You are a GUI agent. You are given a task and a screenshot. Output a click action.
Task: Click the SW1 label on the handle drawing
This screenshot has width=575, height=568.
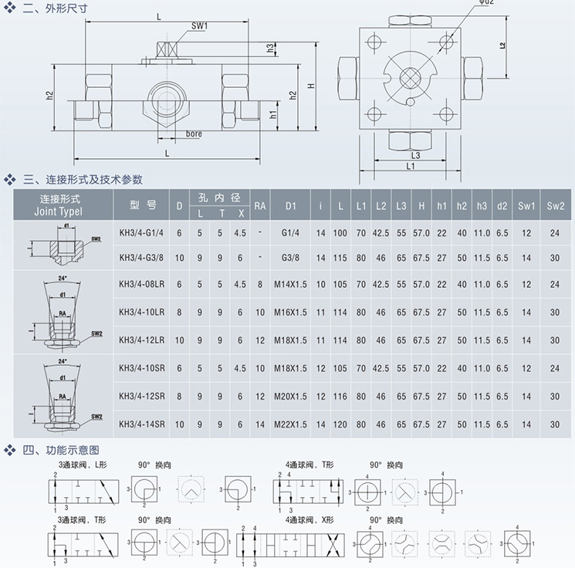[200, 26]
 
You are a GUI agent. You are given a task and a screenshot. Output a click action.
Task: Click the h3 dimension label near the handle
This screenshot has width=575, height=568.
[270, 48]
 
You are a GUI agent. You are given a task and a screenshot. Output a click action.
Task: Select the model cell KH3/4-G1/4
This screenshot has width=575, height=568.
[143, 232]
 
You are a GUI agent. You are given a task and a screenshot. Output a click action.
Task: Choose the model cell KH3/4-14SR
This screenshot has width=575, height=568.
[143, 424]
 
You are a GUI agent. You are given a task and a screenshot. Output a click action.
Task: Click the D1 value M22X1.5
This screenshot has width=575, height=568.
[291, 424]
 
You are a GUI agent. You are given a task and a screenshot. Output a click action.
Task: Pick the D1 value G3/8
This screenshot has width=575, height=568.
[291, 257]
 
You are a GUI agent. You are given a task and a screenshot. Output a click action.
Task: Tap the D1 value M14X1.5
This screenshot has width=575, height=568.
[291, 284]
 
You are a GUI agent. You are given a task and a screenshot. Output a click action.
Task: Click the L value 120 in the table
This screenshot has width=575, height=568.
[340, 424]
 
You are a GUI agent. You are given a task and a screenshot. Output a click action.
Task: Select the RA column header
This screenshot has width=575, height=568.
[260, 205]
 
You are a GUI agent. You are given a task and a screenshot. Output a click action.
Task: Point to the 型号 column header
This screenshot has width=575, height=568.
[143, 205]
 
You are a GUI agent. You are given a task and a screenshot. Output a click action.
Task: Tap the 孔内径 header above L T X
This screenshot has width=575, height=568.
[220, 198]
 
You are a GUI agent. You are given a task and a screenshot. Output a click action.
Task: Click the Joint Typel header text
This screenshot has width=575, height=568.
[60, 211]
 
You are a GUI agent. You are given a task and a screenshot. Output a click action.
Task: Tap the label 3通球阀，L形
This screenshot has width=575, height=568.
[84, 465]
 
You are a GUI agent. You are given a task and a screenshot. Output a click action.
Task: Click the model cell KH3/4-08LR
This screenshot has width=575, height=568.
[143, 284]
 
